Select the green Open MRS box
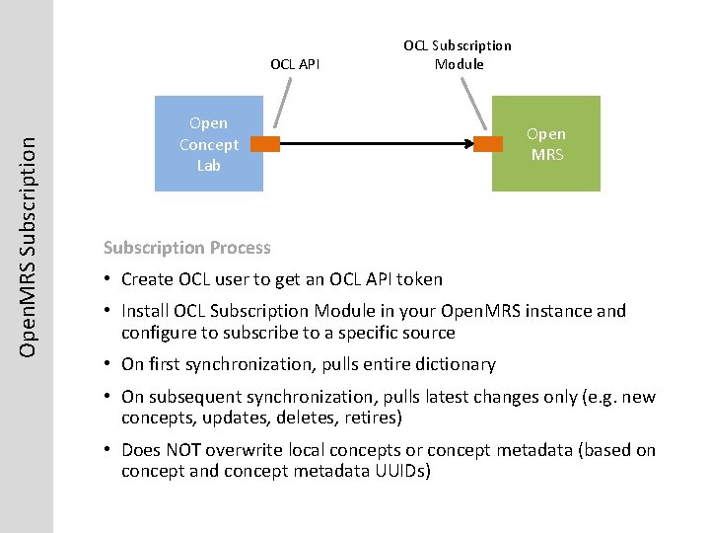545,144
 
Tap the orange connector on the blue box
265,144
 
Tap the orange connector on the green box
488,144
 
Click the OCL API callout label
295,64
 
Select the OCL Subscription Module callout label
458,54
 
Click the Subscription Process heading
186,247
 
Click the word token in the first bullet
420,279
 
